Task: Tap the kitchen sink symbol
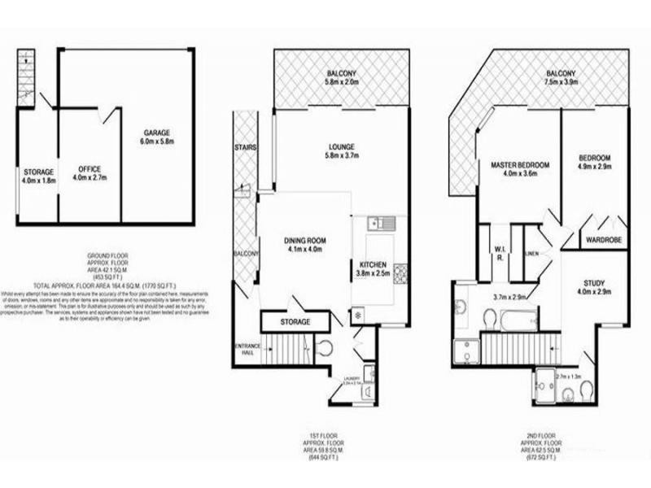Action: [380, 223]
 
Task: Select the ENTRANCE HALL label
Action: [246, 351]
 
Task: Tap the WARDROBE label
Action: [603, 240]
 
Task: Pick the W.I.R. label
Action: [499, 253]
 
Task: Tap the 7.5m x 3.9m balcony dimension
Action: [561, 82]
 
